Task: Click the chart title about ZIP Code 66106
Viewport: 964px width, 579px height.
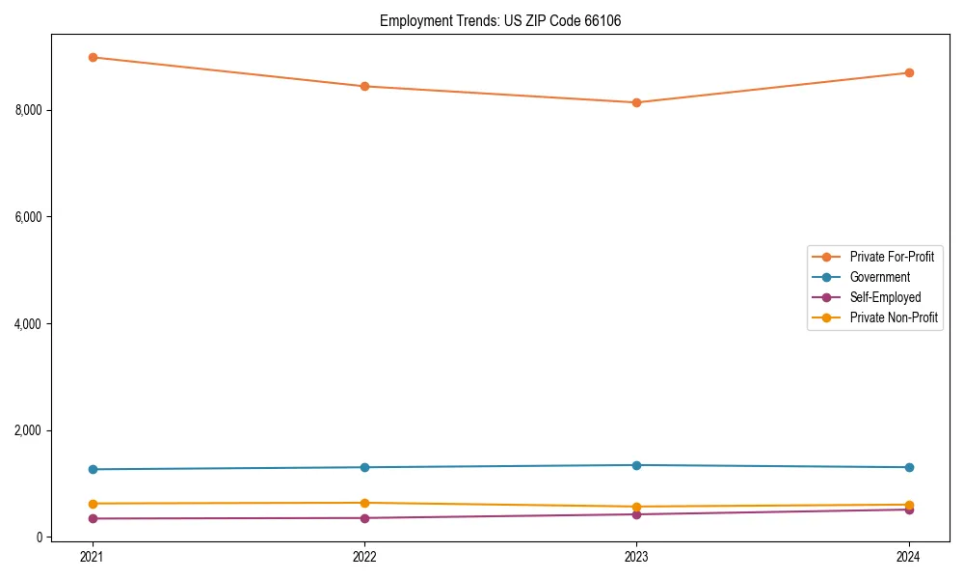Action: point(499,20)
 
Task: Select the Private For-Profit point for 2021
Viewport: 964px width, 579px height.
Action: point(93,57)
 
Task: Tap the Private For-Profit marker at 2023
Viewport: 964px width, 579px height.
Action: point(636,102)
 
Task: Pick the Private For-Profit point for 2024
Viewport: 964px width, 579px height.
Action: point(909,72)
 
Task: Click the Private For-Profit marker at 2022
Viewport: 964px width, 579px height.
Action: point(364,86)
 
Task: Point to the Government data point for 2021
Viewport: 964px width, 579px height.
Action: point(93,469)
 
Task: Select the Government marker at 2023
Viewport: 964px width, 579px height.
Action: point(636,465)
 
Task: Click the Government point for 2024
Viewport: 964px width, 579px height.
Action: point(909,467)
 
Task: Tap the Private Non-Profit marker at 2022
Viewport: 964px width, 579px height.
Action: point(364,503)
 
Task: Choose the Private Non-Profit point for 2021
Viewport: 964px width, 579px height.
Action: point(93,504)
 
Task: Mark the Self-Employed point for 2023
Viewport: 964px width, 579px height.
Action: point(636,514)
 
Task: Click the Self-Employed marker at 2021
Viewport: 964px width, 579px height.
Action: point(93,518)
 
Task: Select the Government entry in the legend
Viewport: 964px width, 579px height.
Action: point(879,277)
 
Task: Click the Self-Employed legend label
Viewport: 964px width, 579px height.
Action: point(885,297)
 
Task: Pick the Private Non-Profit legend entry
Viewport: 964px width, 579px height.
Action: point(894,317)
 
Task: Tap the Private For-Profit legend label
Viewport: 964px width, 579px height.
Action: point(892,257)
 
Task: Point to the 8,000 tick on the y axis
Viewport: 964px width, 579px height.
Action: point(30,110)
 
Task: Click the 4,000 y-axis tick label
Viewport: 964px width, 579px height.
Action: point(30,323)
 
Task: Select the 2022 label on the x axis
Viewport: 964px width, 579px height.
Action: point(364,556)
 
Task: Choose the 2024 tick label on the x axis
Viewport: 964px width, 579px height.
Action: point(909,556)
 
